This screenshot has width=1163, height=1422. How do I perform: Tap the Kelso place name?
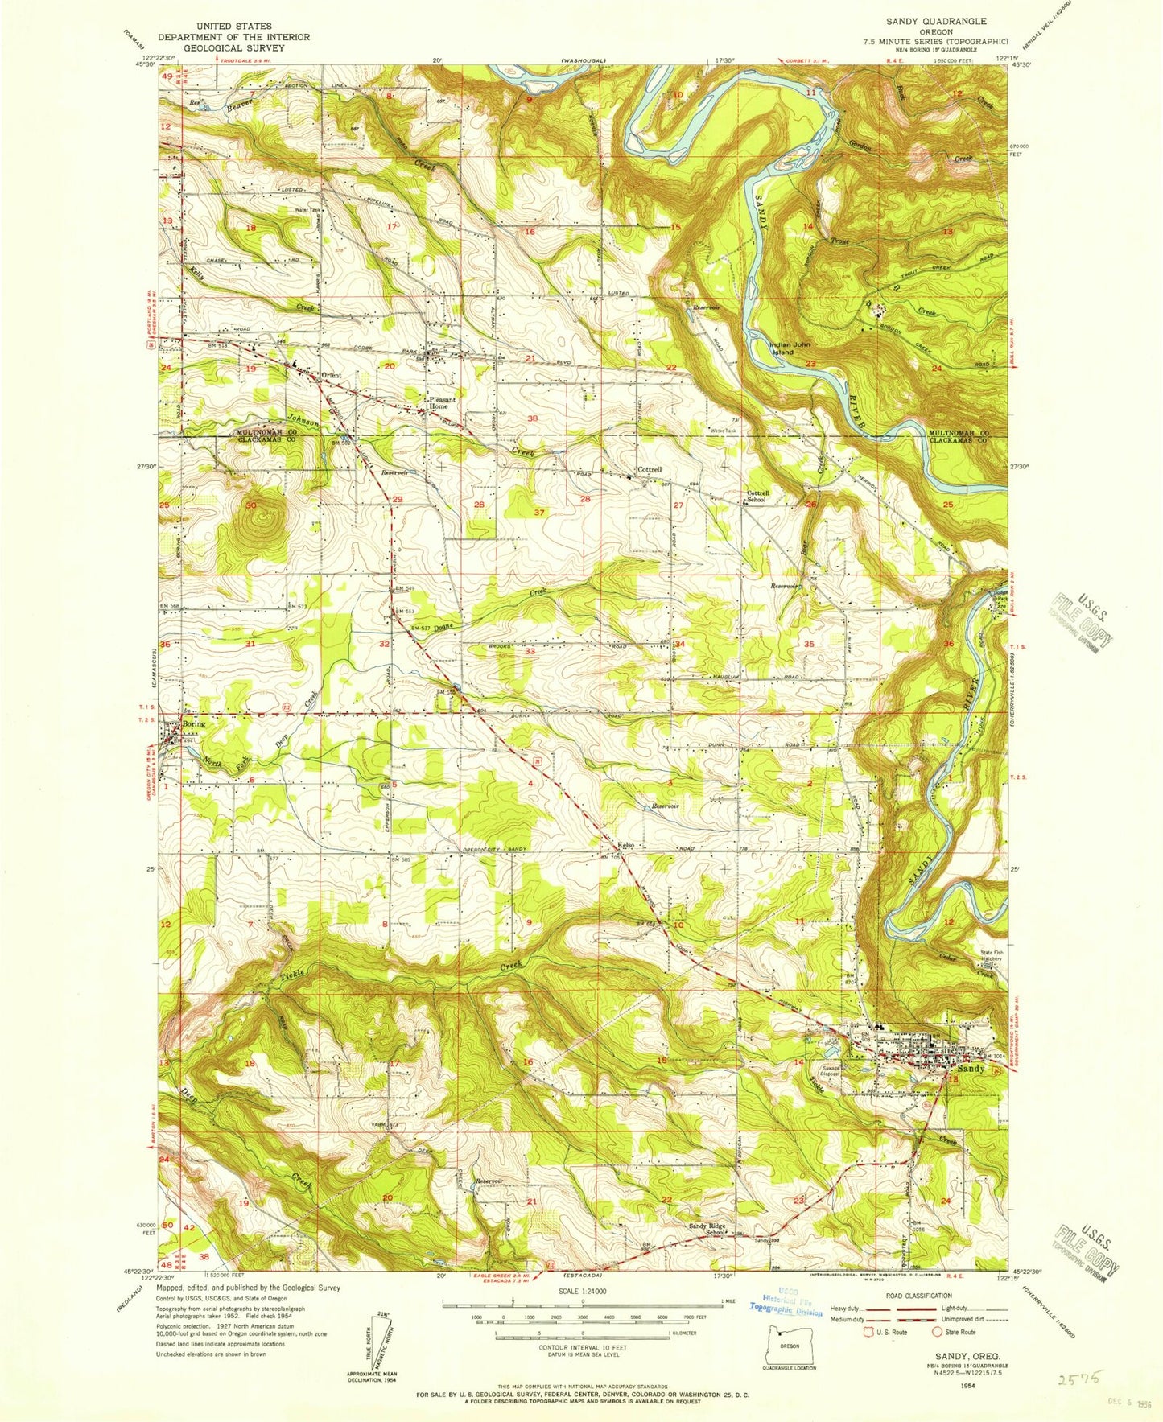(x=626, y=845)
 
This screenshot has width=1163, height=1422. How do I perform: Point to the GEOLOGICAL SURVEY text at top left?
(x=233, y=47)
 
